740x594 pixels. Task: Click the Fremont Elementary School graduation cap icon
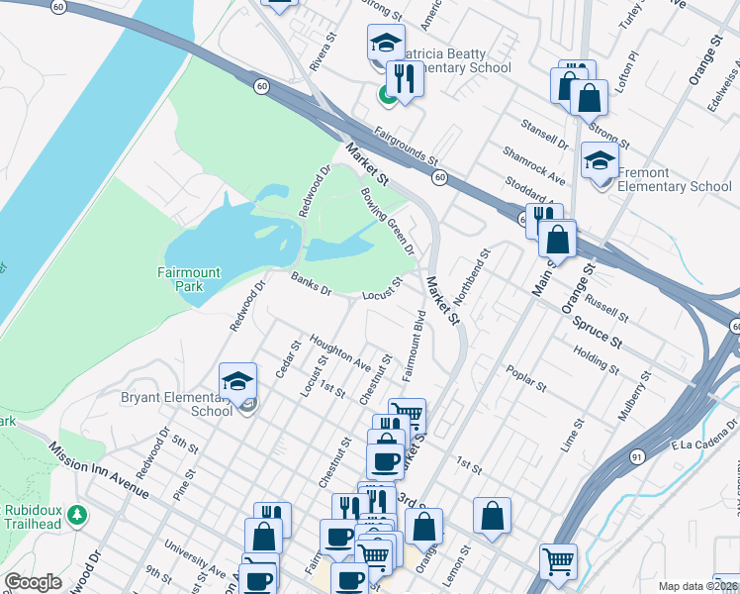[600, 159]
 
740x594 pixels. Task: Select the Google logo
[33, 582]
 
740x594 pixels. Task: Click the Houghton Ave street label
[340, 352]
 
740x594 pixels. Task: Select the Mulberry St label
[634, 397]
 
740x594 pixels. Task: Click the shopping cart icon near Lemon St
[559, 562]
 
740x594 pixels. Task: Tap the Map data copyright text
[697, 586]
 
